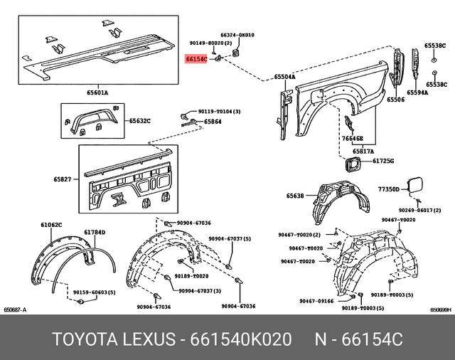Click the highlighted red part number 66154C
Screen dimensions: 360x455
196,61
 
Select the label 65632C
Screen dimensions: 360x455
140,121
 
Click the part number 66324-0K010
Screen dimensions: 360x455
237,35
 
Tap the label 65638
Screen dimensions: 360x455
295,196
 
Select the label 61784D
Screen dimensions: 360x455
95,232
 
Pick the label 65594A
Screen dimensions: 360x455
418,92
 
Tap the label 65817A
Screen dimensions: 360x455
363,152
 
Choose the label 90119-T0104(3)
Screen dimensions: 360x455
219,112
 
